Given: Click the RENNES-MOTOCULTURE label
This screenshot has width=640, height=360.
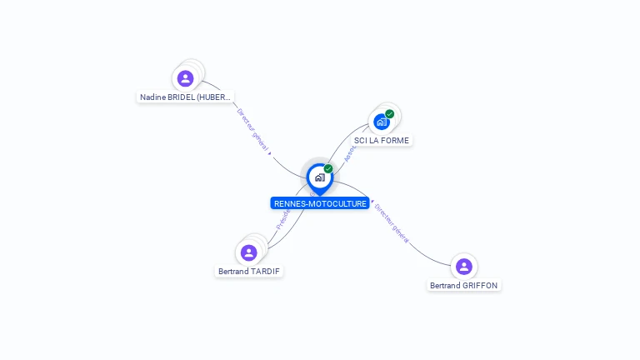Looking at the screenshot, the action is [320, 203].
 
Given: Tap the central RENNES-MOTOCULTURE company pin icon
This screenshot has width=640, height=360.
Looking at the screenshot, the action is [319, 177].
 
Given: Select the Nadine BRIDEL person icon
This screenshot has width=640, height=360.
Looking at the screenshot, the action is [185, 78].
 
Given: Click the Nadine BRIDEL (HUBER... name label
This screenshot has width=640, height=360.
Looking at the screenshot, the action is [185, 97].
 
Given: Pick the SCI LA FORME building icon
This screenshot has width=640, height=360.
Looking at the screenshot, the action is [381, 122].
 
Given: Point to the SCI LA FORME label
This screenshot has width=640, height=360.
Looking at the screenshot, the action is [382, 141].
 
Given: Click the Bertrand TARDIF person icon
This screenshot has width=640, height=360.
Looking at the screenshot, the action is [248, 252].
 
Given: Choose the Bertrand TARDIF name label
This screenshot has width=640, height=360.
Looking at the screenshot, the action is [249, 272].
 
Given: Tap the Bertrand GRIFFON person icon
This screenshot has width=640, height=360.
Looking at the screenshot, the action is [464, 267].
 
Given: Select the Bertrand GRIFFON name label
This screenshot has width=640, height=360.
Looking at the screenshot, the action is [464, 286].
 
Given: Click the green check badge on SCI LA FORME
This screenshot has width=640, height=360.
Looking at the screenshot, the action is [390, 114].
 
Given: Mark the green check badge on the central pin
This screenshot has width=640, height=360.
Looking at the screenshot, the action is [328, 169].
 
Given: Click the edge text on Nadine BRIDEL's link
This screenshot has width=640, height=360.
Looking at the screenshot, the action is [254, 131].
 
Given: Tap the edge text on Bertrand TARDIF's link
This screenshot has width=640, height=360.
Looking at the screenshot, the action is [282, 219].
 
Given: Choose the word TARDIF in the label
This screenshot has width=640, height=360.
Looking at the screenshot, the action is [265, 272].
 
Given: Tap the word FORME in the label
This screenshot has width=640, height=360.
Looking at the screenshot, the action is [395, 141].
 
